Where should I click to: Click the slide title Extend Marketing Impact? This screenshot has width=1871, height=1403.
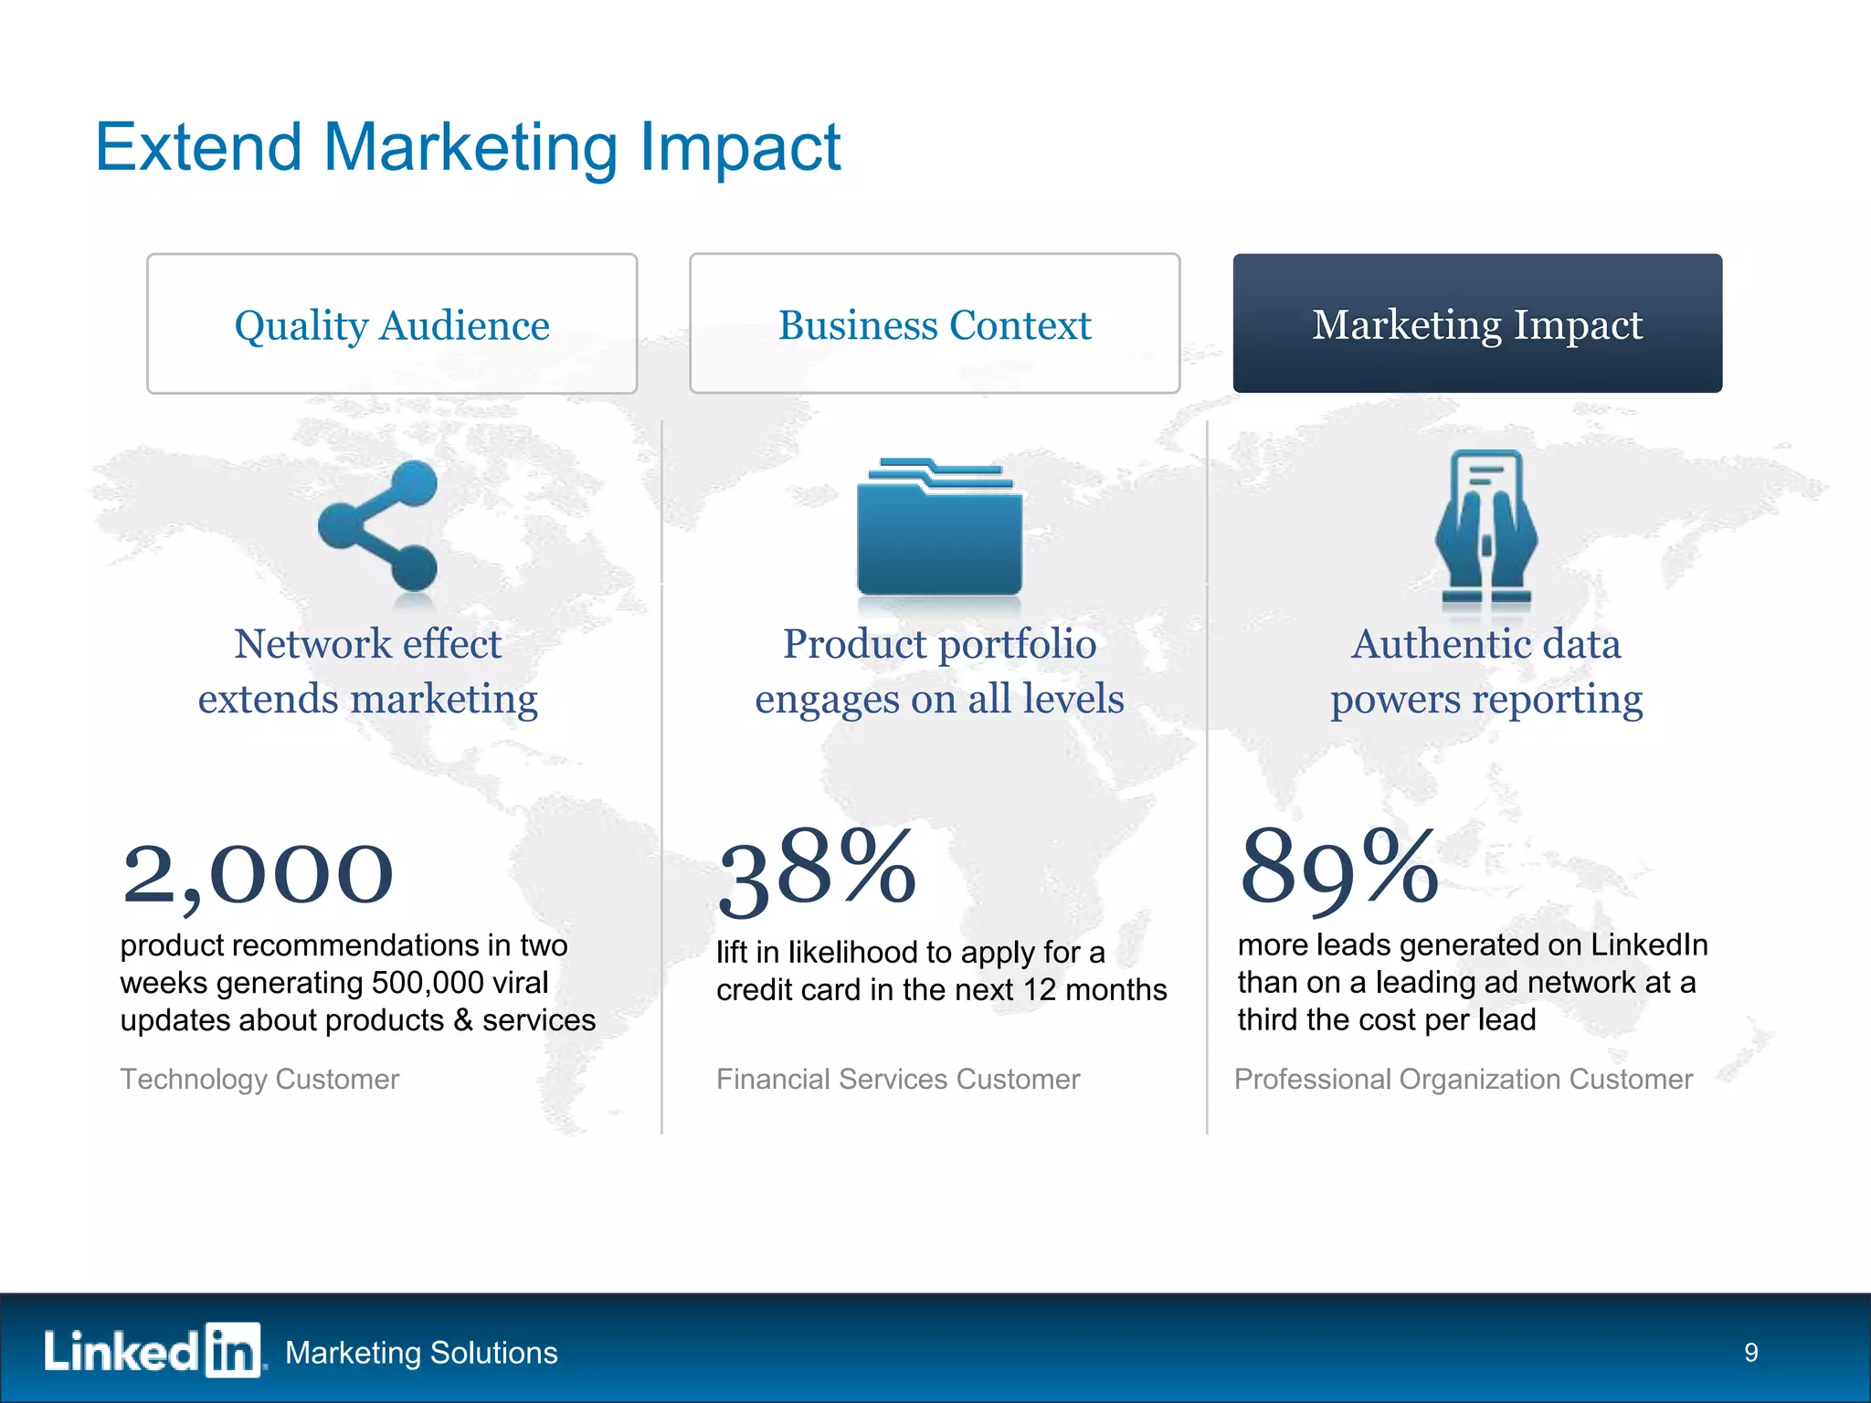point(467,147)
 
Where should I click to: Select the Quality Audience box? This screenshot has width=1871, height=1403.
point(392,324)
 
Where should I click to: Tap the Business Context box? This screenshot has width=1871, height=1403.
point(935,324)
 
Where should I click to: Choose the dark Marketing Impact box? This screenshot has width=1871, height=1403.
point(1477,324)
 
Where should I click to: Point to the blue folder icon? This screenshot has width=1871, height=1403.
point(939,530)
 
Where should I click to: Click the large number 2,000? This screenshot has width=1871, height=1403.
point(258,873)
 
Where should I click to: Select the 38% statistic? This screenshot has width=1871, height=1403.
point(817,870)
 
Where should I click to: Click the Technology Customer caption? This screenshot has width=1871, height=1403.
point(259,1079)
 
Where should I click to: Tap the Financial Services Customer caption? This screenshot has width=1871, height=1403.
point(898,1079)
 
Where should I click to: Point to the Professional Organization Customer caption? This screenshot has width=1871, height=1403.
point(1464,1079)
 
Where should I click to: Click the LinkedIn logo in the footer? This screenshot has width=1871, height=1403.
point(153,1350)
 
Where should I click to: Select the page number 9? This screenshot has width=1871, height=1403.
point(1750,1352)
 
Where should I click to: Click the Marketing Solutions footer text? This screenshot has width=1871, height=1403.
point(421,1353)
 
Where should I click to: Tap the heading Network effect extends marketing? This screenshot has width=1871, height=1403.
point(368,671)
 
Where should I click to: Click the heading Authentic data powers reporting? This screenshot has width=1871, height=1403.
point(1486,671)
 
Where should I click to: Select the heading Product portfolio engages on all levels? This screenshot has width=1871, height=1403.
point(939,671)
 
